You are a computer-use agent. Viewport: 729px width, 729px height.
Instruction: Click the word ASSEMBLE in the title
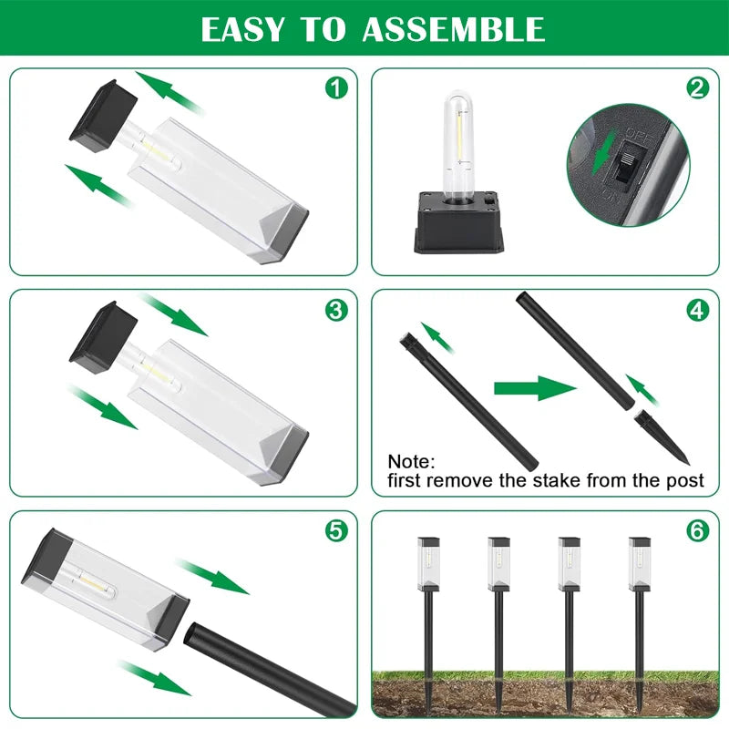pos(453,29)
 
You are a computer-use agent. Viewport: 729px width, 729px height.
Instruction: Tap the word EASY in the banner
pos(242,29)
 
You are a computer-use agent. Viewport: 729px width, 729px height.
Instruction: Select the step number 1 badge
pos(336,87)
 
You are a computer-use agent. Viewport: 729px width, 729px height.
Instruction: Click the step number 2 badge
pos(697,87)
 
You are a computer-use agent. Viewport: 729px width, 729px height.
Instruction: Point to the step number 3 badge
pos(336,310)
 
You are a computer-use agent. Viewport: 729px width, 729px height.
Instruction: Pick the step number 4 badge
pos(697,310)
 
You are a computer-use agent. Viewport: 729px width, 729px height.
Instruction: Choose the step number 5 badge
pos(336,531)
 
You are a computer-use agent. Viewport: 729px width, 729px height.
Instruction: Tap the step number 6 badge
pos(697,531)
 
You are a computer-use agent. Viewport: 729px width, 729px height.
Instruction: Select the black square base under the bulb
pos(459,222)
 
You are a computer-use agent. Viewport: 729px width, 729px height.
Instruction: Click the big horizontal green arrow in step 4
pos(535,388)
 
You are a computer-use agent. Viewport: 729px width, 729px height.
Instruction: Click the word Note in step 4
pos(411,462)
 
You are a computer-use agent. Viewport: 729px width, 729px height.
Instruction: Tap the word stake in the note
pos(558,480)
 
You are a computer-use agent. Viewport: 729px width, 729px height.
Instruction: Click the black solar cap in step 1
pos(103,117)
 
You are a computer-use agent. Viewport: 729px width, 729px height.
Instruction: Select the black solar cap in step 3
pos(103,337)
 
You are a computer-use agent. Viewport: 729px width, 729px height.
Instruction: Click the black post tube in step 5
pos(270,670)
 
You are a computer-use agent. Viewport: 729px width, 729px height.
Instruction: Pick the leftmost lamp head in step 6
pos(428,564)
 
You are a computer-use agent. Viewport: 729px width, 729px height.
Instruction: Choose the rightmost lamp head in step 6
pos(640,564)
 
